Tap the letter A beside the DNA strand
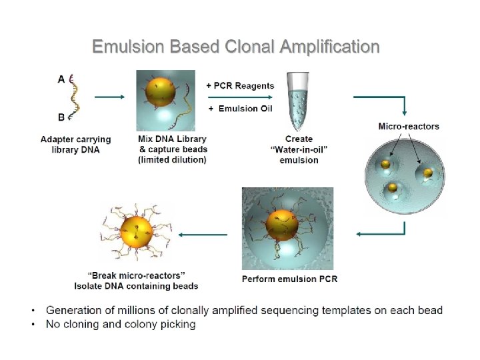(x=61, y=79)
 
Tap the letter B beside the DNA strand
(x=61, y=117)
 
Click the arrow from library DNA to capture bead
(x=109, y=97)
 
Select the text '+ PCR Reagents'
(x=240, y=85)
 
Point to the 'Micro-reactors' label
(x=409, y=126)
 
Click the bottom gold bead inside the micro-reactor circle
(x=393, y=188)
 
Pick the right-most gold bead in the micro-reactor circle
(x=427, y=173)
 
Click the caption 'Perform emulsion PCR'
(x=289, y=278)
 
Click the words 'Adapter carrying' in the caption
(x=76, y=139)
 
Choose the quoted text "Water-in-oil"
(x=299, y=149)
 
